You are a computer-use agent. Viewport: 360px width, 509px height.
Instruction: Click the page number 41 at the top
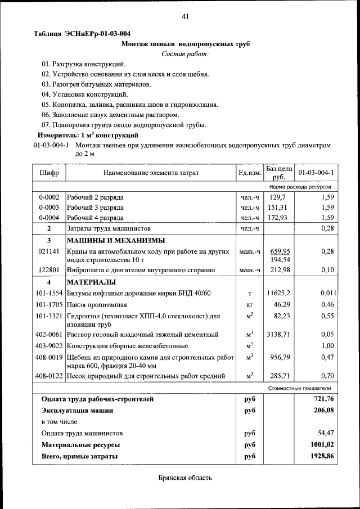184,16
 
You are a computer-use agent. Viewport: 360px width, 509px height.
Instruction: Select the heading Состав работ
184,53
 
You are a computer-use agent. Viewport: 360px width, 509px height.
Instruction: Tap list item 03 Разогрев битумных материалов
96,84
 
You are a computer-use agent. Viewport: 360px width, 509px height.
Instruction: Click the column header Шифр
49,172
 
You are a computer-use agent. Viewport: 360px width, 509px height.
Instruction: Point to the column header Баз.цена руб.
279,172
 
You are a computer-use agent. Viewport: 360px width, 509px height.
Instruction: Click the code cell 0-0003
49,207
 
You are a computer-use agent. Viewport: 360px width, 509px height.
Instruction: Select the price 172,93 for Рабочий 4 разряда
279,217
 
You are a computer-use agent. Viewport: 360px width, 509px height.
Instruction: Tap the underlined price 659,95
280,251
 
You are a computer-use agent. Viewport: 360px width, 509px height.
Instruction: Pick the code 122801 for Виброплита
49,270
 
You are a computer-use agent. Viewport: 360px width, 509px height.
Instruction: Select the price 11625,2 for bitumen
278,293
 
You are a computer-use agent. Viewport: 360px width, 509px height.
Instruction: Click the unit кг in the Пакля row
249,304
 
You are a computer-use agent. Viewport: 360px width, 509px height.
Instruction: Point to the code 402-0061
49,334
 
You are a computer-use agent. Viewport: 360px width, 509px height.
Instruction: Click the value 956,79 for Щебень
279,357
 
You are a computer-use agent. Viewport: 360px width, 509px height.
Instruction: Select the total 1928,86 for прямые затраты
322,456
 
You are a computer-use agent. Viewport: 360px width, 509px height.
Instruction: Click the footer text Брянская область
184,478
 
